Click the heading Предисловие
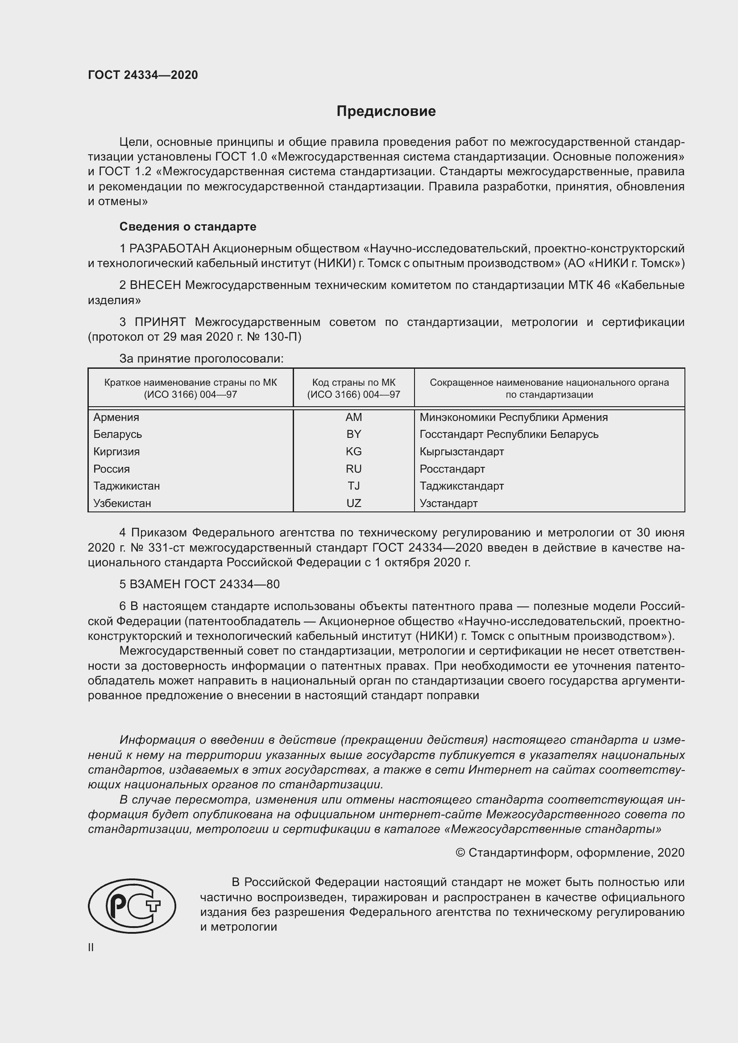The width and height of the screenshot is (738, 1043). pyautogui.click(x=386, y=111)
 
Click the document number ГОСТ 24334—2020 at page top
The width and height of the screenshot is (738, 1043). pyautogui.click(x=143, y=75)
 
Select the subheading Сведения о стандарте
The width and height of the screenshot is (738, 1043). pyautogui.click(x=188, y=226)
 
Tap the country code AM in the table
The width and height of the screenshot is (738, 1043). pyautogui.click(x=353, y=417)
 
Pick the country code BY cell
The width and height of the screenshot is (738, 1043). pyautogui.click(x=353, y=434)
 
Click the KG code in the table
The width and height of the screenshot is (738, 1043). pyautogui.click(x=353, y=452)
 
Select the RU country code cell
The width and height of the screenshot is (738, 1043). pyautogui.click(x=353, y=469)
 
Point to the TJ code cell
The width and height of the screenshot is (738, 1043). pyautogui.click(x=353, y=486)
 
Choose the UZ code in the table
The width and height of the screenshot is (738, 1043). pyautogui.click(x=353, y=503)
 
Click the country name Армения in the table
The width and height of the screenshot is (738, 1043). pyautogui.click(x=116, y=417)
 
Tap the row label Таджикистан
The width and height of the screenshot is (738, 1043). pyautogui.click(x=126, y=486)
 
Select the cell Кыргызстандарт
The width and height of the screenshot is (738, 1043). pyautogui.click(x=462, y=452)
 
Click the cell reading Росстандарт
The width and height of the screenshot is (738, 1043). pyautogui.click(x=452, y=469)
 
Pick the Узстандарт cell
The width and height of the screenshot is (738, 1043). pyautogui.click(x=448, y=503)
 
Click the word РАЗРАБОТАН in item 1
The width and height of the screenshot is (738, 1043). pyautogui.click(x=170, y=248)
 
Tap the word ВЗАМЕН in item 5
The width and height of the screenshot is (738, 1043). pyautogui.click(x=155, y=584)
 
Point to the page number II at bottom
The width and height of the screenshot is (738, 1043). pyautogui.click(x=91, y=948)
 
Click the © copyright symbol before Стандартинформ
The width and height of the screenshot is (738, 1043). pyautogui.click(x=460, y=853)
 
